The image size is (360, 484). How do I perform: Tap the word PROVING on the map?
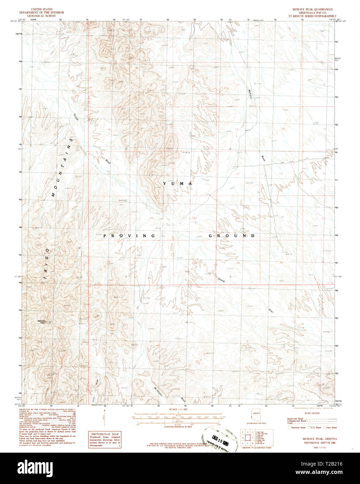click(129, 236)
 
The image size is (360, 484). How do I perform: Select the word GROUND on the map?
click(232, 236)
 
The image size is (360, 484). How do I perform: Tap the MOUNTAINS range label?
click(63, 167)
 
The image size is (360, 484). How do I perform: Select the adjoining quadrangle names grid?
click(248, 437)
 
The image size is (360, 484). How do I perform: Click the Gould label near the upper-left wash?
click(76, 117)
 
